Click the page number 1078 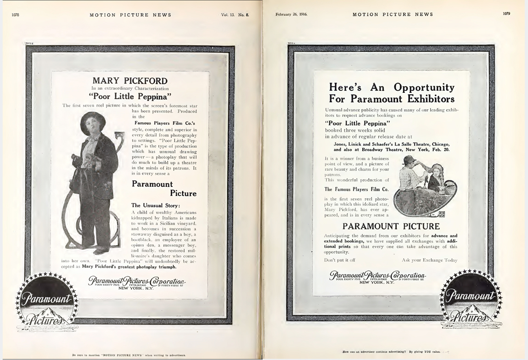point(15,15)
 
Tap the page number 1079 point(506,14)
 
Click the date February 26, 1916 point(292,14)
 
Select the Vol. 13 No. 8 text point(235,15)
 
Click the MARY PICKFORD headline point(130,81)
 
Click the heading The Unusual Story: point(156,205)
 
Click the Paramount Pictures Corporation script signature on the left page point(137,281)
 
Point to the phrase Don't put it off point(340,260)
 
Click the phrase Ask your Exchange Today point(429,260)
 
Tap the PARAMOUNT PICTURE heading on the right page point(391,226)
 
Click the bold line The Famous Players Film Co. point(356,189)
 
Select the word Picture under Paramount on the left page point(183,193)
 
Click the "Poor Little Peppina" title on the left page point(130,96)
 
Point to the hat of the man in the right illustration point(408,161)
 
